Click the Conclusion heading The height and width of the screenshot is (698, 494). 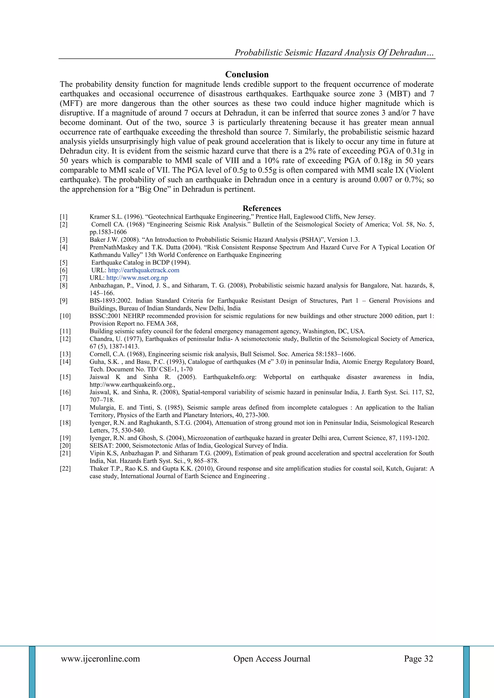(247, 74)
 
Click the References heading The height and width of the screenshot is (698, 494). (262, 208)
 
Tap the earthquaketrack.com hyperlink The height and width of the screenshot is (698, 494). (144, 270)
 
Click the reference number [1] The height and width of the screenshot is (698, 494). (64, 217)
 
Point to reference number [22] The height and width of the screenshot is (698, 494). (65, 469)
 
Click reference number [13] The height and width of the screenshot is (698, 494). (65, 354)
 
